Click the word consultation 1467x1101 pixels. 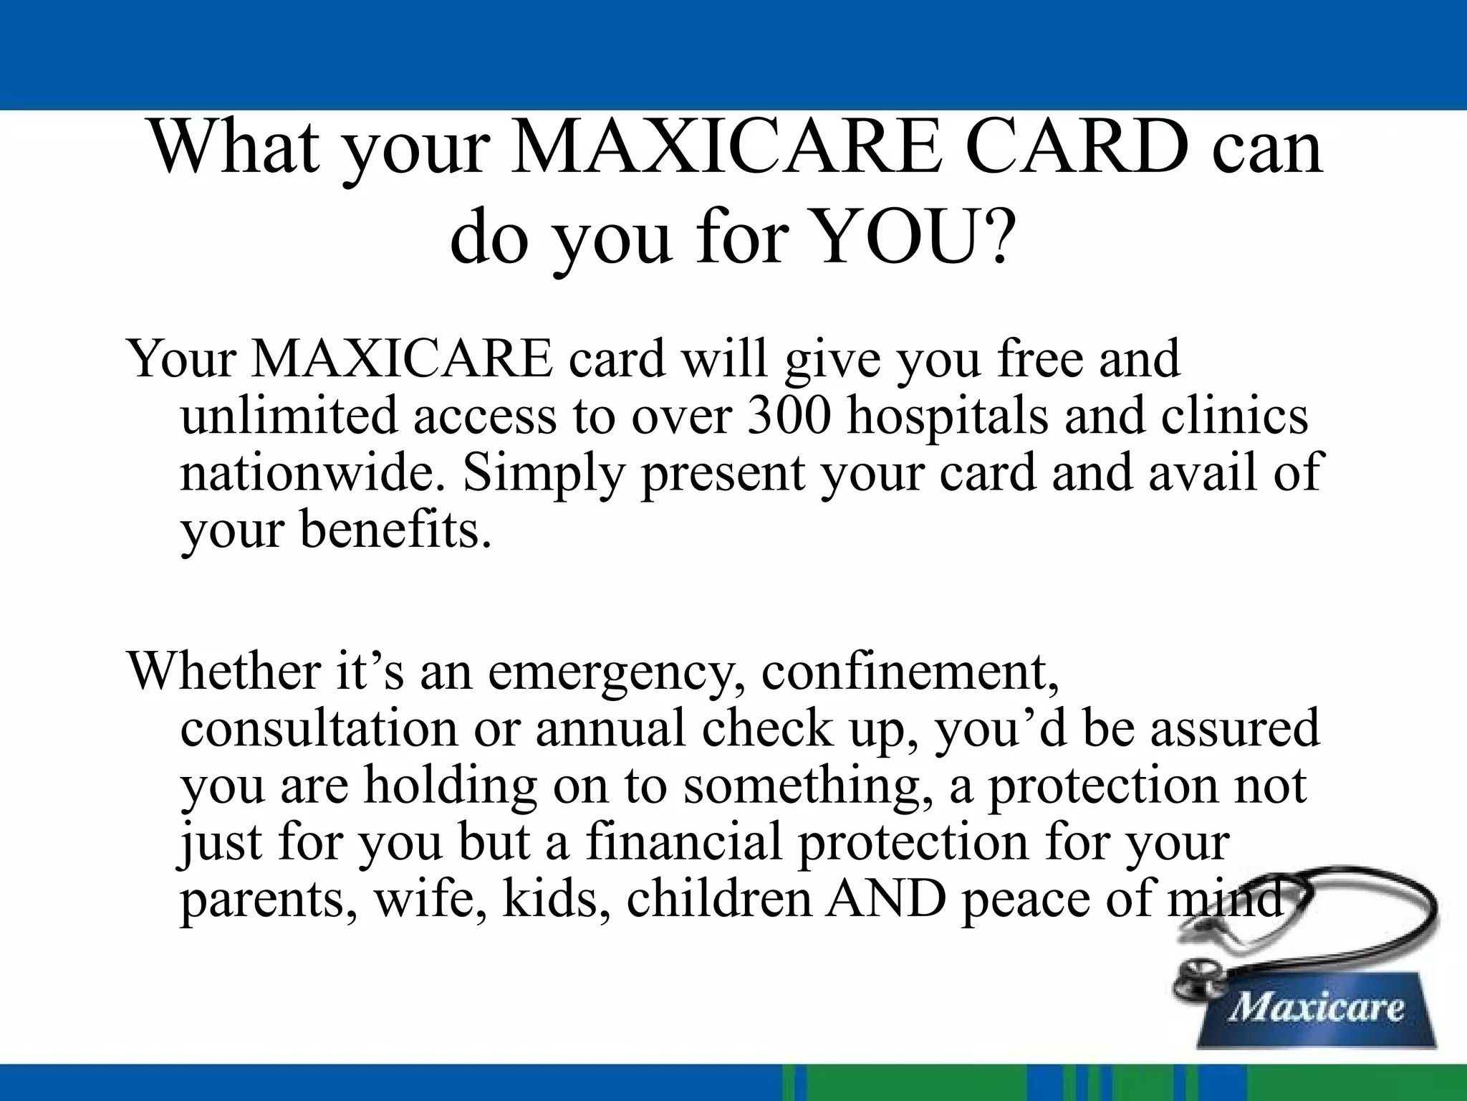click(318, 729)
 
